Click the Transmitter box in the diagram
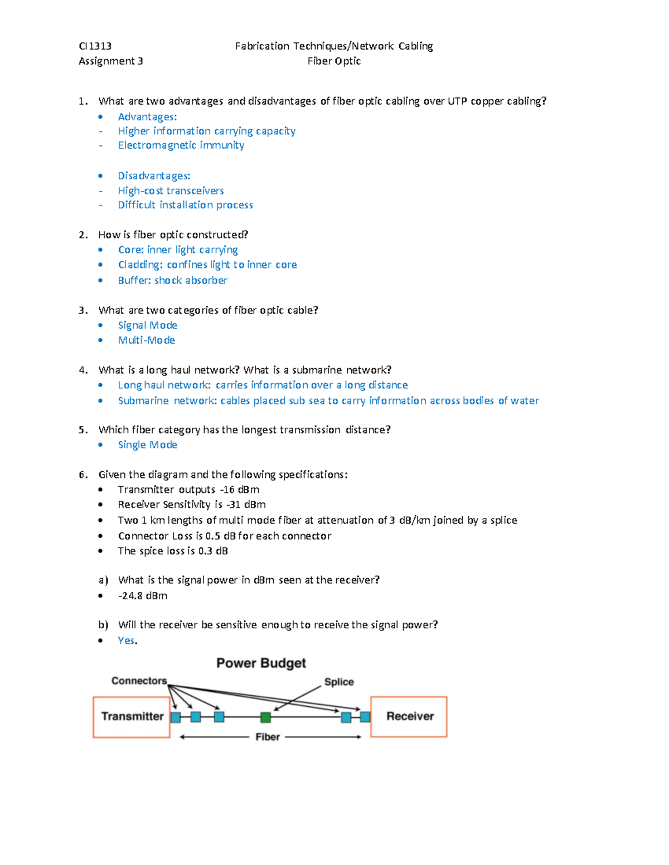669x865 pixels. pyautogui.click(x=132, y=717)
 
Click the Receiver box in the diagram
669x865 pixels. pyautogui.click(x=409, y=716)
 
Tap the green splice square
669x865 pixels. pyautogui.click(x=265, y=717)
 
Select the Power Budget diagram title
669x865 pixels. pyautogui.click(x=261, y=663)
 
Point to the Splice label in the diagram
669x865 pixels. pyautogui.click(x=339, y=682)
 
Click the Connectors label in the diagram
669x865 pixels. pyautogui.click(x=139, y=681)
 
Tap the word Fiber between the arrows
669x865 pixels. pyautogui.click(x=268, y=737)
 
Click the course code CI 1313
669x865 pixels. pyautogui.click(x=95, y=46)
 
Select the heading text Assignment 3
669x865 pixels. pyautogui.click(x=110, y=61)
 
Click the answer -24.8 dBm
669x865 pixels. pyautogui.click(x=143, y=595)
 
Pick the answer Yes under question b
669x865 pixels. pyautogui.click(x=127, y=641)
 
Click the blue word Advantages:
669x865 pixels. pyautogui.click(x=147, y=117)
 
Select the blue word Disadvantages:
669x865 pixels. pyautogui.click(x=154, y=176)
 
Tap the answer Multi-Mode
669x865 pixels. pyautogui.click(x=146, y=340)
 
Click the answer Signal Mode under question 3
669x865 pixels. pyautogui.click(x=147, y=325)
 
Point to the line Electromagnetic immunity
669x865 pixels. pyautogui.click(x=181, y=145)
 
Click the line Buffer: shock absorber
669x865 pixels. pyautogui.click(x=172, y=280)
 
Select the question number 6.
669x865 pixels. pyautogui.click(x=83, y=475)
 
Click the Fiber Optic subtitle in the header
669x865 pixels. pyautogui.click(x=334, y=61)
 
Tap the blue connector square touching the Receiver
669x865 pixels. pyautogui.click(x=365, y=717)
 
